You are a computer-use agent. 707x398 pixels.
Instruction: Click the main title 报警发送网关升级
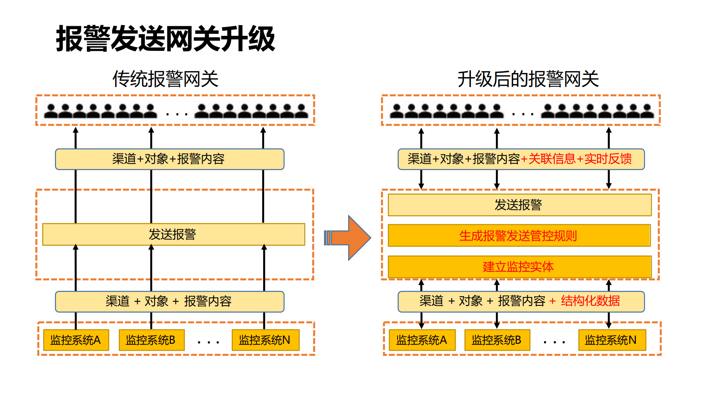165,39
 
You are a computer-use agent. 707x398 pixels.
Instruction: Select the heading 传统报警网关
165,79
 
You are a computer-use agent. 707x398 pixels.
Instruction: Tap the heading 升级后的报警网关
528,79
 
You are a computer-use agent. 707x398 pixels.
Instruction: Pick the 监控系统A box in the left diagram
76,340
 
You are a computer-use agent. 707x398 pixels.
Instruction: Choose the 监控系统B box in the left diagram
151,340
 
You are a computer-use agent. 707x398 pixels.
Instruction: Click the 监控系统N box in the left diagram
265,340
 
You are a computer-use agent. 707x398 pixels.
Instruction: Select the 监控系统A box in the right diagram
422,340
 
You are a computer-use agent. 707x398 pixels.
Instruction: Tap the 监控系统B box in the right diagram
497,340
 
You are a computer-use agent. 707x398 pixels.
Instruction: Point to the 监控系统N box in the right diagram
612,340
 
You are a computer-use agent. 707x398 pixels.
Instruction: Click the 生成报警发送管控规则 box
519,235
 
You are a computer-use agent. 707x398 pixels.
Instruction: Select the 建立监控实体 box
519,266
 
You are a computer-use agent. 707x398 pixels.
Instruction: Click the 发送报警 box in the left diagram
173,234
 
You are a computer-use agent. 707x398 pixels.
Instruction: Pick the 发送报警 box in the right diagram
519,205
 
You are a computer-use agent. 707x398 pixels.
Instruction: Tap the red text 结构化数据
590,301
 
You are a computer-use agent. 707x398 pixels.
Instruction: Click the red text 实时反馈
608,159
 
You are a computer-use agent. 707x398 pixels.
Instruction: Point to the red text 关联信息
552,159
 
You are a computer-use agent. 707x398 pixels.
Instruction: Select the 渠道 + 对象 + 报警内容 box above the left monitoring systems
169,301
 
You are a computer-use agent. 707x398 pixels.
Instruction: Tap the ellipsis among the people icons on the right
523,114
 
